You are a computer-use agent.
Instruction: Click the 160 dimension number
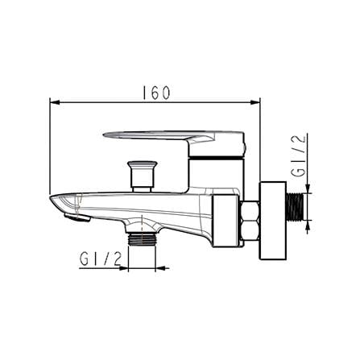coord(155,93)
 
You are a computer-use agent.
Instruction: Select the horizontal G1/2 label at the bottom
coord(101,259)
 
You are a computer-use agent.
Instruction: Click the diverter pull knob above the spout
coord(142,170)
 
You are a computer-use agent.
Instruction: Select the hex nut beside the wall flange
coord(248,221)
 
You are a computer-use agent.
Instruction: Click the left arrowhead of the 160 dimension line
coord(54,102)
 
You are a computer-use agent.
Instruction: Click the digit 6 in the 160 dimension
coord(155,93)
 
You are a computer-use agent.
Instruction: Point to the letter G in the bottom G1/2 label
coord(85,259)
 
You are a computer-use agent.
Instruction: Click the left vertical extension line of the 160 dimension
coord(50,145)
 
